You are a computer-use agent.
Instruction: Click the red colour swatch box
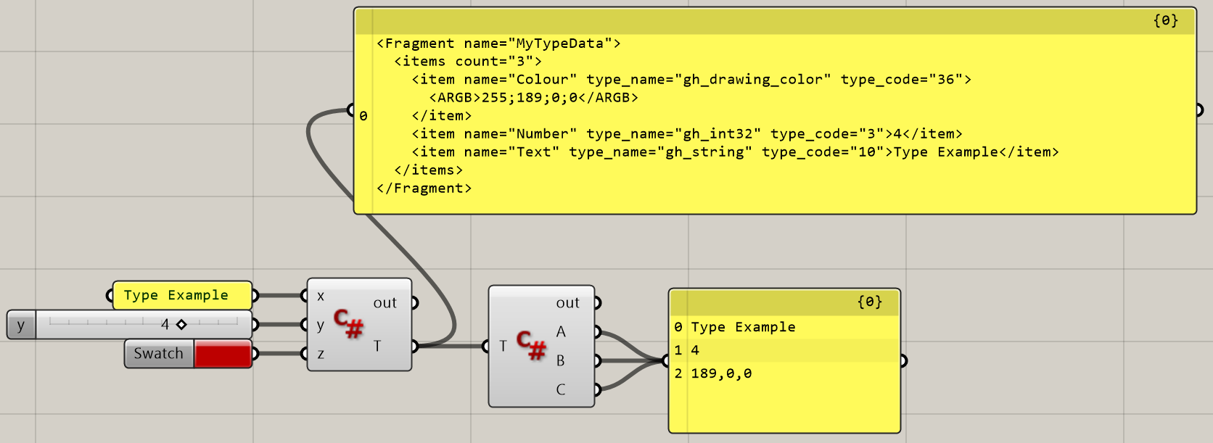223,354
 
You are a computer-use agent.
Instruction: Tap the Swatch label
158,354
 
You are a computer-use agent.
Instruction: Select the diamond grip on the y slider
181,324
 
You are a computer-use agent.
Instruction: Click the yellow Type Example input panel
176,295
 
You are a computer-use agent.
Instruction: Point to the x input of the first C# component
320,296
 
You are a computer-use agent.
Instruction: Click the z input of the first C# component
320,354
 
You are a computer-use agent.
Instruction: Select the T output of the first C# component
377,346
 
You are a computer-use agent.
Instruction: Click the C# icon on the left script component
348,323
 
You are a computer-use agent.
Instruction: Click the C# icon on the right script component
531,345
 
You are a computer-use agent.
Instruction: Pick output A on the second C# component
561,331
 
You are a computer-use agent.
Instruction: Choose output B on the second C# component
561,360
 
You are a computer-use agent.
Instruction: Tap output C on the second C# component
561,389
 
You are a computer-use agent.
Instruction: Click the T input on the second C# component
503,346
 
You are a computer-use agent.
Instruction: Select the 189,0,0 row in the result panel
721,373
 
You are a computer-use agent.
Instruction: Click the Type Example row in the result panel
743,327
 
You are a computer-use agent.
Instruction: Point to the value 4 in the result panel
695,350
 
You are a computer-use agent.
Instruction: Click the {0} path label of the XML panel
1165,20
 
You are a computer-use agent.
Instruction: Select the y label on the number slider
20,325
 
